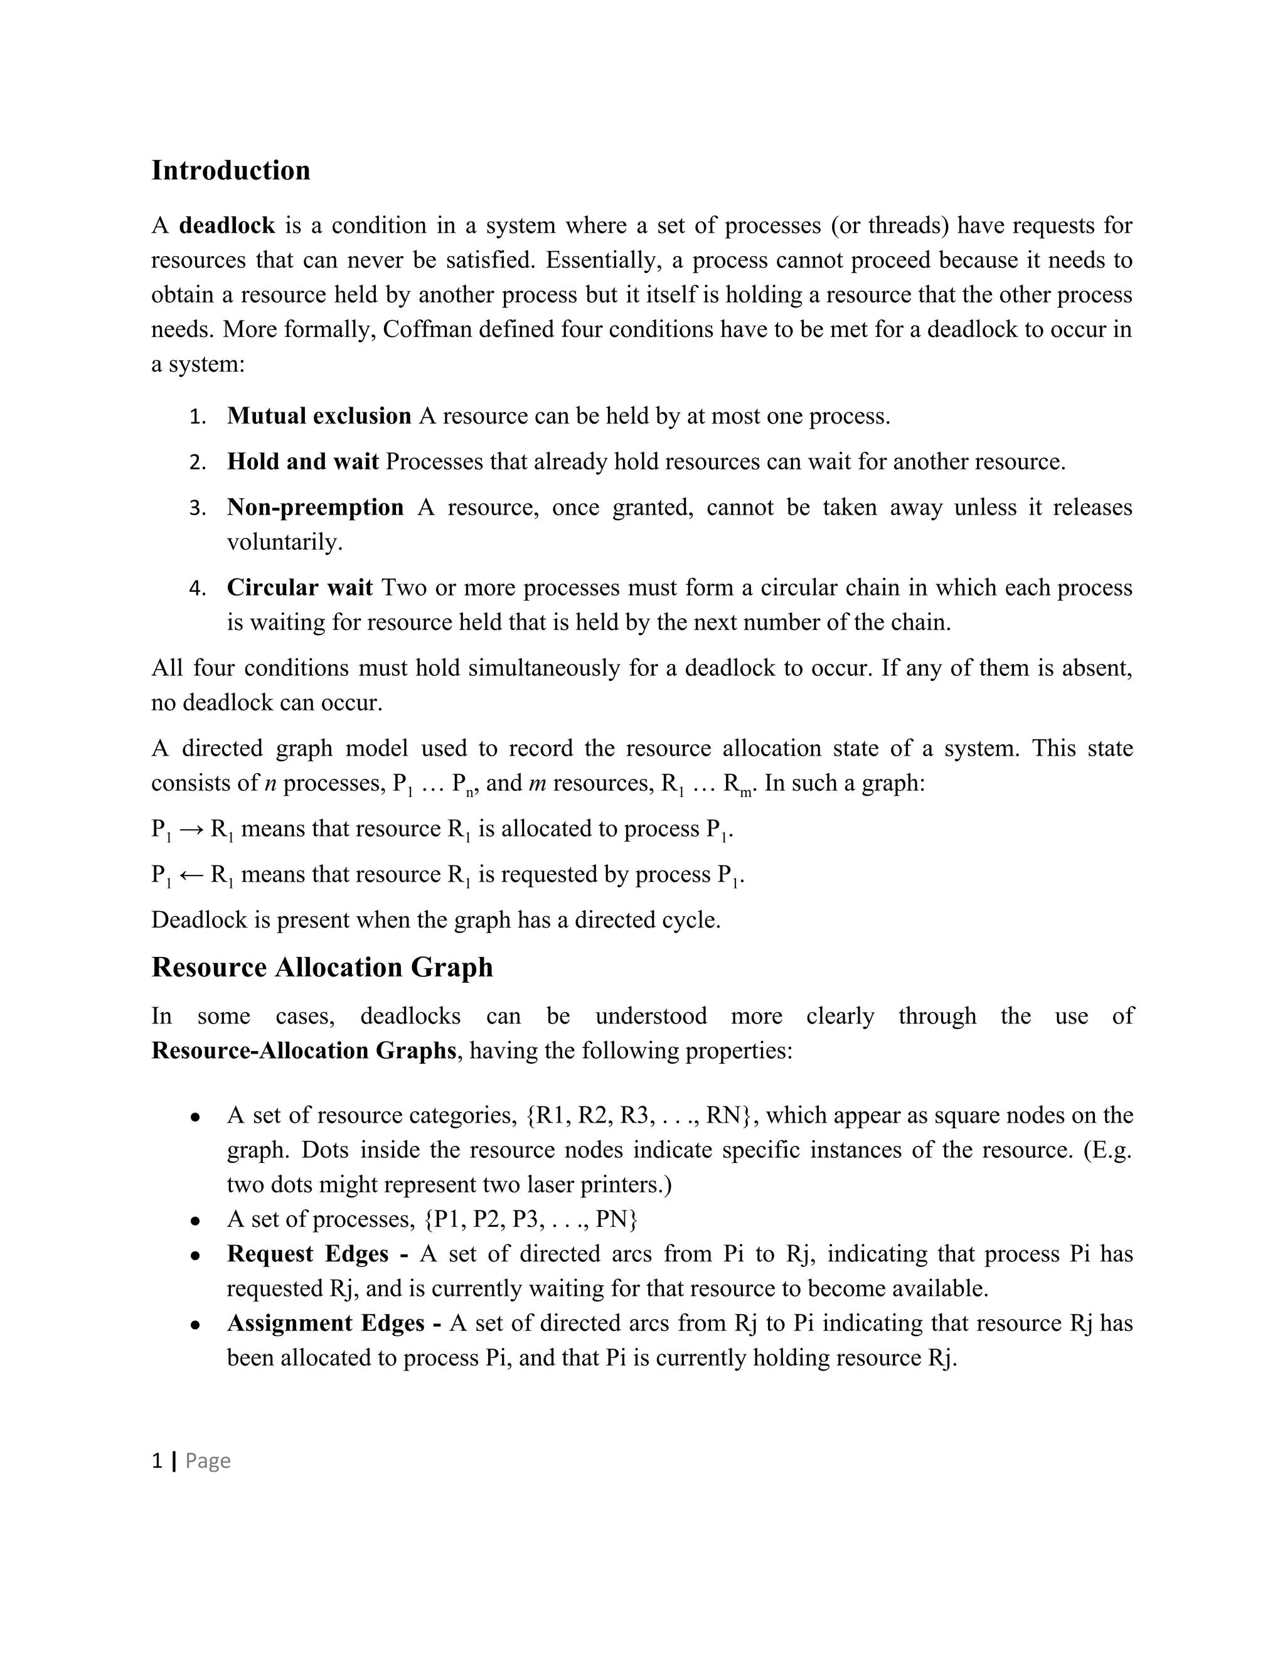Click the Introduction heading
(231, 171)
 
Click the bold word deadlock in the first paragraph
(227, 226)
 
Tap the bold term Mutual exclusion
(319, 417)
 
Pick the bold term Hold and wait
(302, 463)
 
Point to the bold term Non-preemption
(315, 508)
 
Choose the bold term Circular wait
(300, 588)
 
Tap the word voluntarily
(284, 543)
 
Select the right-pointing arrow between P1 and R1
(190, 829)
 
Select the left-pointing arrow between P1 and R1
(190, 875)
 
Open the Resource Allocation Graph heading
(322, 968)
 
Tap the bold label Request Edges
(307, 1254)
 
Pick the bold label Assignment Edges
(325, 1323)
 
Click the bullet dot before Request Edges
(196, 1255)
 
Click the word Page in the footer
(208, 1460)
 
